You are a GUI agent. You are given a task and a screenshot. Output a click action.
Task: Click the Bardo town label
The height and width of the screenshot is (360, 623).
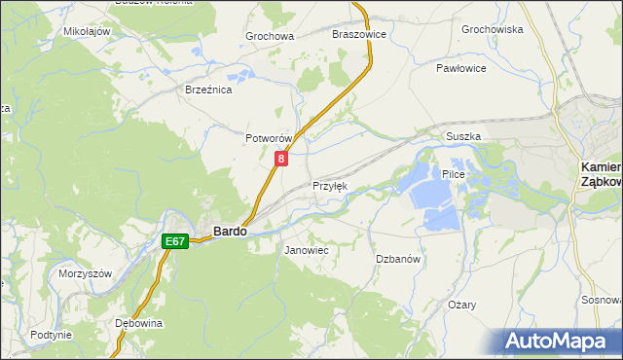tap(229, 232)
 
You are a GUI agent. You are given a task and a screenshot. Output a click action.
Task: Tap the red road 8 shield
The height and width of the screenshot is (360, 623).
tap(281, 159)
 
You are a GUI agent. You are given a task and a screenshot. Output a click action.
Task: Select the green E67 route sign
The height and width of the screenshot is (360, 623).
tap(175, 240)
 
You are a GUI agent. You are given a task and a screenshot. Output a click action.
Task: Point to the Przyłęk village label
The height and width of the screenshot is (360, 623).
tap(329, 186)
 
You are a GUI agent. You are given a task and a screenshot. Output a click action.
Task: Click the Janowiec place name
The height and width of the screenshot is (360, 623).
tap(306, 250)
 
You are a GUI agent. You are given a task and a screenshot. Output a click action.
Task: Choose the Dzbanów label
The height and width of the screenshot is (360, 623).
tap(397, 259)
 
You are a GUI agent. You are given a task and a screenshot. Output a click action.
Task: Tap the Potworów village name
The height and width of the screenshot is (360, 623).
tap(269, 139)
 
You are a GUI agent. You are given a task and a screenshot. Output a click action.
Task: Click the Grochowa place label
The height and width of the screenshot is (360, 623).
tap(270, 37)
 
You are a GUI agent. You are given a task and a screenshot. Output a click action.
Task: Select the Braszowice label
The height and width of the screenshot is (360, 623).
tap(359, 33)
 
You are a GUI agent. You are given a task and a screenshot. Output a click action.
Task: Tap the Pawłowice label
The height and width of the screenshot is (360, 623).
tap(461, 69)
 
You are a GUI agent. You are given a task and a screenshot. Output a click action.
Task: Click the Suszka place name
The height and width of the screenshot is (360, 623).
tap(463, 137)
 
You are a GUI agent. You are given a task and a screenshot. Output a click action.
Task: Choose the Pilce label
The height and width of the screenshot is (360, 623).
tap(455, 174)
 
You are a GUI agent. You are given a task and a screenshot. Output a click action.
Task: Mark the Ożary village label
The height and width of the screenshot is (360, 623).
tap(461, 305)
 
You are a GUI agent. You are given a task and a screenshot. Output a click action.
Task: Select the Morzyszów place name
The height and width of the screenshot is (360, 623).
tap(85, 273)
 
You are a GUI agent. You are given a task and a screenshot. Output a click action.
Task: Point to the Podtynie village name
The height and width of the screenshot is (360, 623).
tap(51, 335)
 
